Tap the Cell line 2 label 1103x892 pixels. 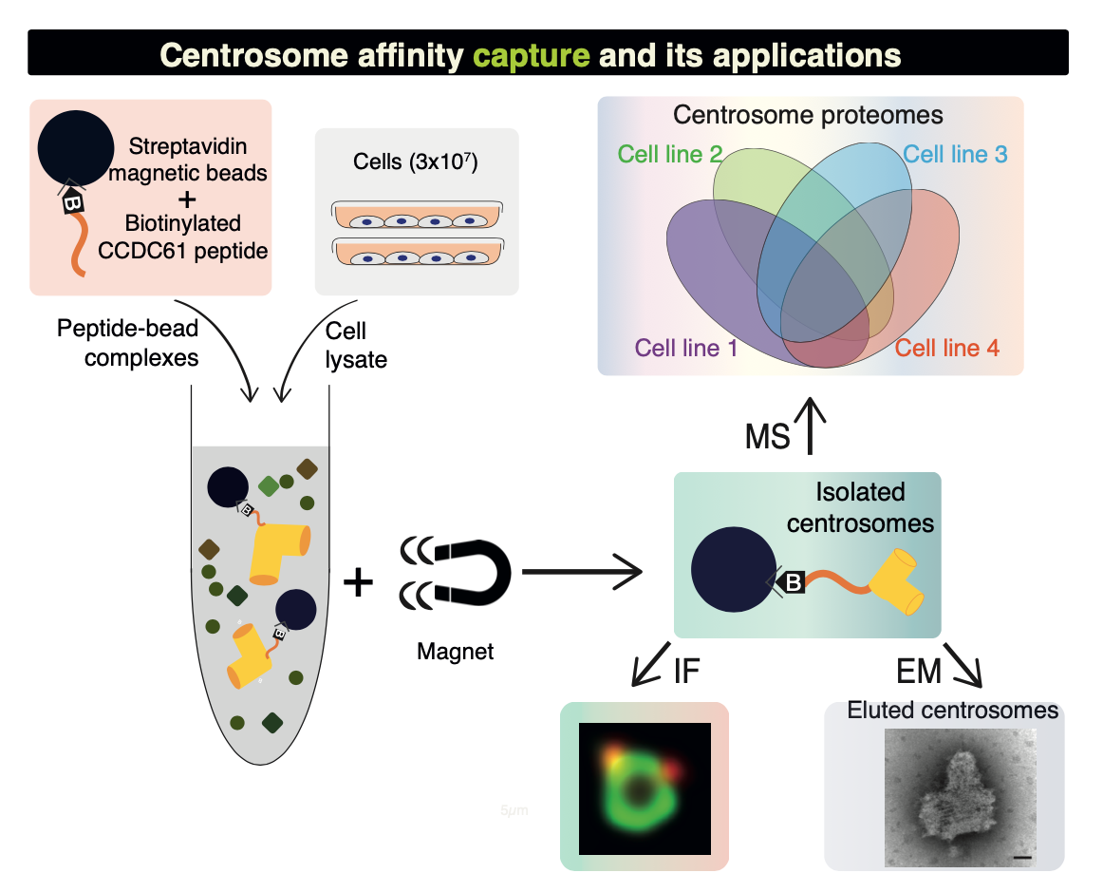tap(670, 154)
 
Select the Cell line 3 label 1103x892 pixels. tap(955, 154)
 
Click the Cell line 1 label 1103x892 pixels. tap(686, 348)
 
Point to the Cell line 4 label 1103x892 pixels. tap(947, 348)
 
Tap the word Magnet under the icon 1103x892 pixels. tap(455, 653)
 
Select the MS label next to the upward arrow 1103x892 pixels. tap(767, 438)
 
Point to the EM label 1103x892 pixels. tap(918, 672)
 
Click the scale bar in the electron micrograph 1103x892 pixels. tap(1021, 858)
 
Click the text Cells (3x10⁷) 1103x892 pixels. tap(415, 162)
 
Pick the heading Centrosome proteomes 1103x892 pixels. tap(808, 116)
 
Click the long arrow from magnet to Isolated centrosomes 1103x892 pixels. tap(582, 572)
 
